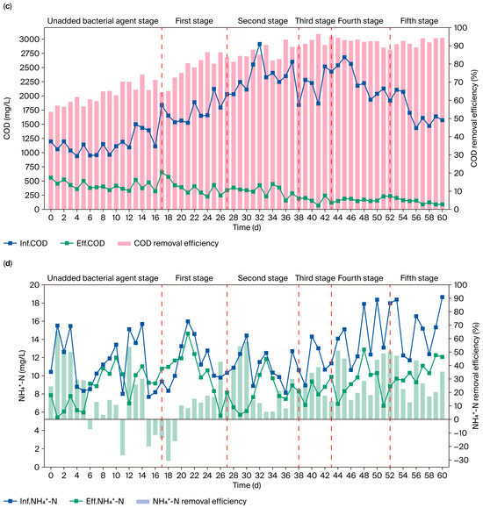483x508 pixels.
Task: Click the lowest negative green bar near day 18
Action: pos(168,460)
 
